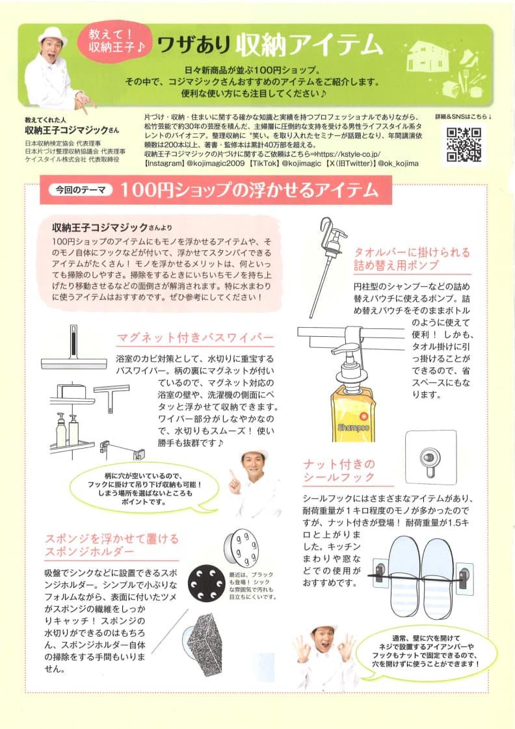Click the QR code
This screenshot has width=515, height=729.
(464, 144)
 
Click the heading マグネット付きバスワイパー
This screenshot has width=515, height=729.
(195, 338)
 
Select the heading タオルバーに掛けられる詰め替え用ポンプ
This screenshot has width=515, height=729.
(412, 258)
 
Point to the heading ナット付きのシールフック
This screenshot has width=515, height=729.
(339, 471)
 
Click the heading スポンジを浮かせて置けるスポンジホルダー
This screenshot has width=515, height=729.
(112, 546)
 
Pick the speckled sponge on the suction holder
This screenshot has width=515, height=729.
(205, 644)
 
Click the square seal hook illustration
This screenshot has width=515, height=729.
(430, 457)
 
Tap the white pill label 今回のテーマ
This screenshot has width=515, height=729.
(81, 190)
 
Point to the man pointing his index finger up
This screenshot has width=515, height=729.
(254, 481)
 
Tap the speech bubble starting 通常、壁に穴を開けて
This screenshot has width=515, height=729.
(426, 651)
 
